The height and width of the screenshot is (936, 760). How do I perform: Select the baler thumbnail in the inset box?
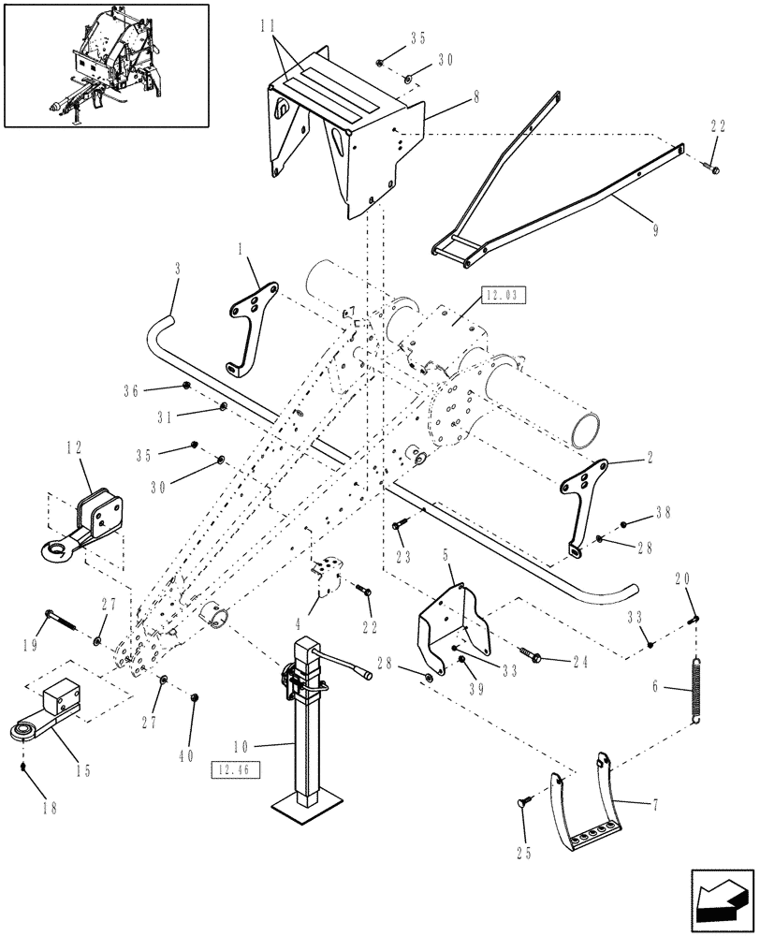pos(106,65)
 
